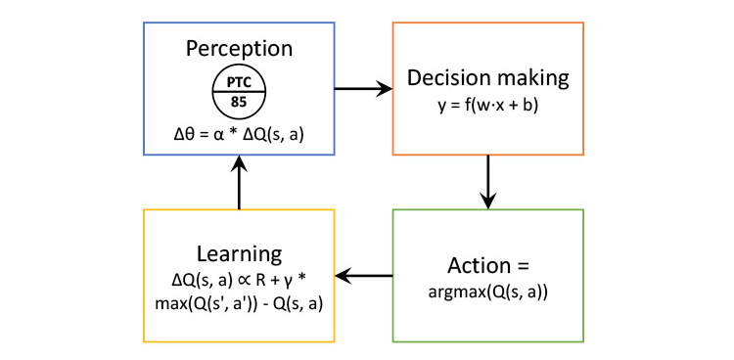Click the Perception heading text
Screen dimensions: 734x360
(239, 49)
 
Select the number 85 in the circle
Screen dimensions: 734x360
(239, 102)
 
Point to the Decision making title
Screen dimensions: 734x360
(487, 78)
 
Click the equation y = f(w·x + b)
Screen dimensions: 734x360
(487, 107)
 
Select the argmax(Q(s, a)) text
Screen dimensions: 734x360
(487, 292)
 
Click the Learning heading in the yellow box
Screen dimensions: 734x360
(239, 254)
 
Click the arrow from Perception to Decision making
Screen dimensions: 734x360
(363, 88)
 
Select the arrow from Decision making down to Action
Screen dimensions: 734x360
(487, 182)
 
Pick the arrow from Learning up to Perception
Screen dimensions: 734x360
(239, 182)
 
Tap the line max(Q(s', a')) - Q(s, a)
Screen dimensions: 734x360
(239, 305)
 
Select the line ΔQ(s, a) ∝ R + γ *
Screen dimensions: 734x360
(239, 281)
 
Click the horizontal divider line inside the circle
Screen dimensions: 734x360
(239, 91)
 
